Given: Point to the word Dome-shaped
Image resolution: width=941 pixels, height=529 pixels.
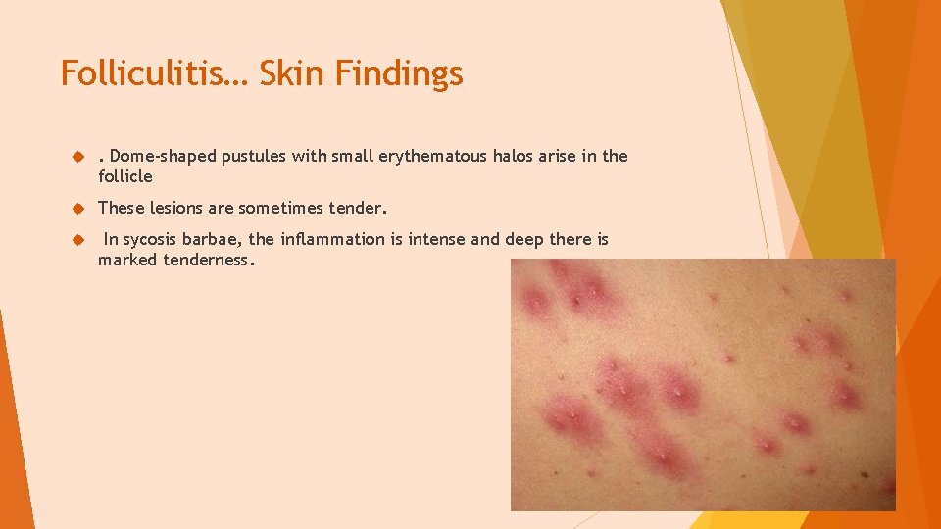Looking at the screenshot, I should (x=153, y=157).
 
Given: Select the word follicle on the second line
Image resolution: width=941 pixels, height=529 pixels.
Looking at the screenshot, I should (x=125, y=177).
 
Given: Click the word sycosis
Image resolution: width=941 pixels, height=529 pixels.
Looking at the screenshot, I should (x=152, y=240).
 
